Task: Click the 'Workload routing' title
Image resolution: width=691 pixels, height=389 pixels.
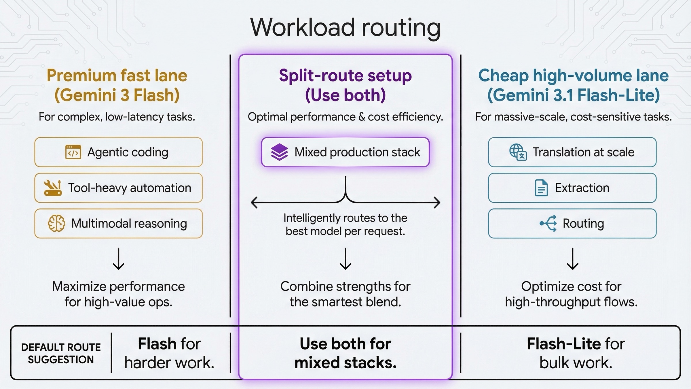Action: tap(345, 28)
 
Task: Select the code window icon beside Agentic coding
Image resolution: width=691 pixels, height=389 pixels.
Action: tap(73, 152)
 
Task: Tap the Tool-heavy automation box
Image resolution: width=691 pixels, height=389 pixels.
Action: tap(118, 188)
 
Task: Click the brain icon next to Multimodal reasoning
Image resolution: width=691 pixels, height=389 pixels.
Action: tap(56, 223)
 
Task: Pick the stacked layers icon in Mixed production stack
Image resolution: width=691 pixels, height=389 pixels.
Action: tap(279, 152)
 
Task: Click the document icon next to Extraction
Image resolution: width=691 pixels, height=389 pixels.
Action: tap(541, 188)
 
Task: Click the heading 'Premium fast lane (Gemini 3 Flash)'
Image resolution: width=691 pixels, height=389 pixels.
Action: tap(117, 85)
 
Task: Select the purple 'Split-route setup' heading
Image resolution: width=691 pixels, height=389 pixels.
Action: tap(345, 76)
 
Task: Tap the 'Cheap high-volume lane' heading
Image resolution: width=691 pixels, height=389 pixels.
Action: tap(573, 76)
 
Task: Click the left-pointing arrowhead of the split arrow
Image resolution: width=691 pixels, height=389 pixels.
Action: tap(254, 203)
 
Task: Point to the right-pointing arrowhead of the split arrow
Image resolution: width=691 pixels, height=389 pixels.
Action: tap(437, 203)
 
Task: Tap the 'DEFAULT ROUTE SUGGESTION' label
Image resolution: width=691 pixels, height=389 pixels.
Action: tap(61, 353)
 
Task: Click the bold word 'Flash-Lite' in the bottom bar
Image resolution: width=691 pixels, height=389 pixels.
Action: tap(563, 344)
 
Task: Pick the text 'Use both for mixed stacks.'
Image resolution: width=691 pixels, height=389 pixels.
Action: tap(345, 353)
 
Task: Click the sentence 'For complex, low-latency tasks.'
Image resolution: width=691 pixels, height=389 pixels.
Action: tap(117, 117)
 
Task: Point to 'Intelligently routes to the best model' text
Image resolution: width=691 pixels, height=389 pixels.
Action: tap(345, 224)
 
